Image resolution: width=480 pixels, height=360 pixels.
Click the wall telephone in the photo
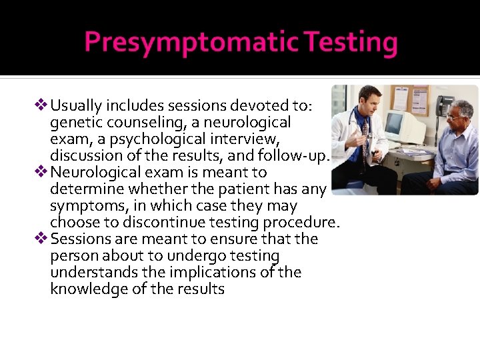[445, 105]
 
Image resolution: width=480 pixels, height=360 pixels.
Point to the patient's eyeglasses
[456, 117]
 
